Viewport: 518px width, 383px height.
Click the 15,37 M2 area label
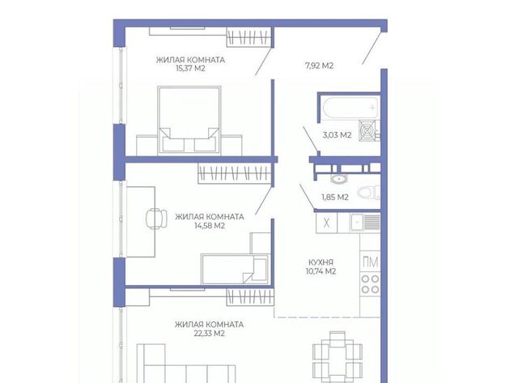pos(191,68)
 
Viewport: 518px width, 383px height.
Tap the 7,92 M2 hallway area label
pos(319,66)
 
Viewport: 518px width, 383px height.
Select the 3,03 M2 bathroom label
pos(337,135)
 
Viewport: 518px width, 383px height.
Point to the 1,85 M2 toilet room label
pos(335,198)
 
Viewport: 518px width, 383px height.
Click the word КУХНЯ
pos(321,262)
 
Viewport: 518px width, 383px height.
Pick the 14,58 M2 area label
pos(210,226)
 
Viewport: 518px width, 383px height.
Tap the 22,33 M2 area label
pos(210,334)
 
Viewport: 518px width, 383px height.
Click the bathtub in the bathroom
pos(350,108)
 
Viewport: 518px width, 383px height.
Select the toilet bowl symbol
pos(367,193)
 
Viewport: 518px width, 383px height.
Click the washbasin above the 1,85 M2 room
pos(338,179)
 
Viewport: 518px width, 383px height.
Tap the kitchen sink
pos(365,223)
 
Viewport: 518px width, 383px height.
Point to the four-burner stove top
pos(370,284)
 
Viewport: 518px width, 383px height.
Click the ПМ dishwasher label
pos(371,262)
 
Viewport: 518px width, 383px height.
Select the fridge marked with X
pos(326,223)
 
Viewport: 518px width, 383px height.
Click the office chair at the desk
pos(156,219)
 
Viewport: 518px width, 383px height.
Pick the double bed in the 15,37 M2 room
pos(189,120)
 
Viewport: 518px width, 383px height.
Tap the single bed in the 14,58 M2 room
pos(236,269)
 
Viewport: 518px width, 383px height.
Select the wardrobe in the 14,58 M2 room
pos(235,173)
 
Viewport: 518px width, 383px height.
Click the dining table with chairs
pos(338,357)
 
